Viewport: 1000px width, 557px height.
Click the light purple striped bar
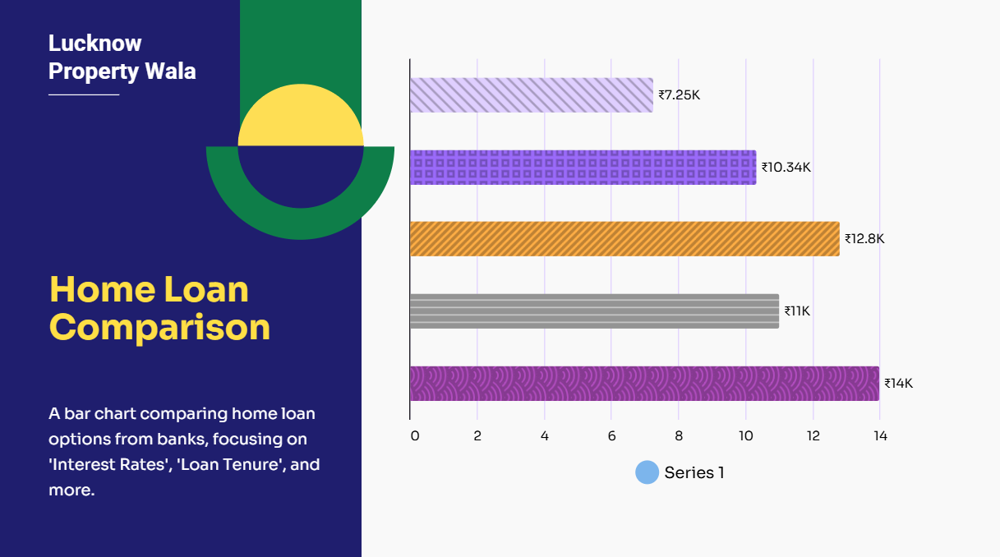point(532,95)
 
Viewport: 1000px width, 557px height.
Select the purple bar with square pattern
point(583,168)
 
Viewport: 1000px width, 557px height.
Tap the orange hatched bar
point(624,239)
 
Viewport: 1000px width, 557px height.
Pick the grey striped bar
point(594,311)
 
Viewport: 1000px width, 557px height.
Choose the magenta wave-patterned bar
point(644,384)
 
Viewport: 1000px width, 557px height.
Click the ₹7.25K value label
point(679,95)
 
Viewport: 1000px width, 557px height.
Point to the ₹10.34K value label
point(786,168)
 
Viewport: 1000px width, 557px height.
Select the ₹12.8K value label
point(864,239)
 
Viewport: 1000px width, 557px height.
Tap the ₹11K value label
point(797,311)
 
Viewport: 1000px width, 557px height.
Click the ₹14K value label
point(898,384)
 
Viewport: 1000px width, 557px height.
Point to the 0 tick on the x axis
point(415,436)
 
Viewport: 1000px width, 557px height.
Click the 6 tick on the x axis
point(611,436)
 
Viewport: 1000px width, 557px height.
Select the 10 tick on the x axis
point(745,436)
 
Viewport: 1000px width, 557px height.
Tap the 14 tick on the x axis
point(880,436)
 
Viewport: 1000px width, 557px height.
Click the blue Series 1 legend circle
point(647,472)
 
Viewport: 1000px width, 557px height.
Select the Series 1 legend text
point(694,472)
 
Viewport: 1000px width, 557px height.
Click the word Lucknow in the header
point(94,44)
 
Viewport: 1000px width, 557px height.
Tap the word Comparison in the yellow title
point(160,327)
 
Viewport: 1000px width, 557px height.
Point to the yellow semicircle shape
point(301,115)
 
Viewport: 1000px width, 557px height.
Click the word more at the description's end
point(71,490)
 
